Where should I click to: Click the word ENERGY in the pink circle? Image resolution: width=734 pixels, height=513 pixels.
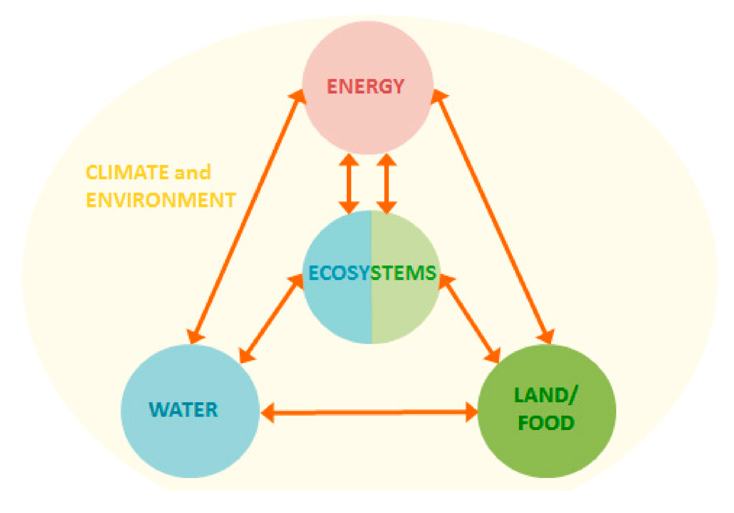[365, 87]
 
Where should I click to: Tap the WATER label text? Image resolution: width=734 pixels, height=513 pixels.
[183, 410]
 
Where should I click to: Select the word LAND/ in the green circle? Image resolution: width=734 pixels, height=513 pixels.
[546, 396]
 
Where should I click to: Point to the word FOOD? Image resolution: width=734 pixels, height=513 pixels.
[546, 423]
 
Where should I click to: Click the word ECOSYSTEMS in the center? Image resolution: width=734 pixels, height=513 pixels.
[372, 273]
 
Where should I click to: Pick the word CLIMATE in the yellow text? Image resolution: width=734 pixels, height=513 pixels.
[127, 173]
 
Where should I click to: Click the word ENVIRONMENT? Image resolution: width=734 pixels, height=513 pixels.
[161, 200]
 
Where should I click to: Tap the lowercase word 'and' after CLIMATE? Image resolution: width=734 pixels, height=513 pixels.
[192, 173]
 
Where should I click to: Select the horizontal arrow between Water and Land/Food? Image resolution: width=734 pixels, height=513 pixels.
[369, 412]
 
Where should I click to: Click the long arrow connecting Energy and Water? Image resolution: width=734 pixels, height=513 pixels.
[247, 216]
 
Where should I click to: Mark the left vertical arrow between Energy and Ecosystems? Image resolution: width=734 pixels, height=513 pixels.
[349, 183]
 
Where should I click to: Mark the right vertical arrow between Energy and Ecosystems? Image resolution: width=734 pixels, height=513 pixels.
[386, 183]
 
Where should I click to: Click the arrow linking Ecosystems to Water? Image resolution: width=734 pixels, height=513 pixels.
[271, 318]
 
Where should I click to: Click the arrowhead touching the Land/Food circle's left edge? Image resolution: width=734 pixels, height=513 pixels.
[472, 412]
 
